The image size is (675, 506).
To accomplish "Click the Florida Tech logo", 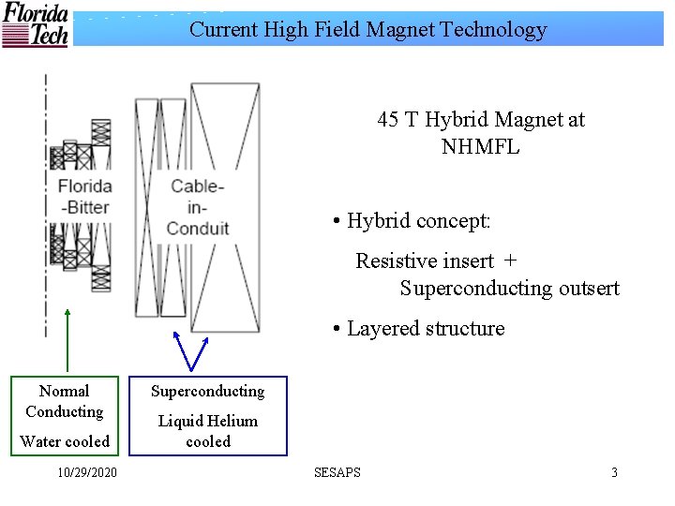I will [x=35, y=25].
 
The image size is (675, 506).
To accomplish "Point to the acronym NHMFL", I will [x=480, y=147].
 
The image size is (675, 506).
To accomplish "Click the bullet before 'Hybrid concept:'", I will [x=336, y=222].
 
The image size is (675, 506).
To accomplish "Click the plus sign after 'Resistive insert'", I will [x=510, y=260].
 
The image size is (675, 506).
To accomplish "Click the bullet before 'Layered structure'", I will [x=336, y=330].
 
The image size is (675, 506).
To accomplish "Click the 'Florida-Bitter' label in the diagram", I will [x=84, y=197].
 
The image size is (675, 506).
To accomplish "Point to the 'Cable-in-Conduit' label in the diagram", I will [x=198, y=207].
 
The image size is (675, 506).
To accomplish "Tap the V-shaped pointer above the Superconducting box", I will [x=192, y=350].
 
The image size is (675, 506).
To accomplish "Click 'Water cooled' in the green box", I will [x=65, y=441].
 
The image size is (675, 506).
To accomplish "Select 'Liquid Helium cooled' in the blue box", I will [x=208, y=431].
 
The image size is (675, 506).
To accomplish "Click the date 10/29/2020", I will [x=87, y=472].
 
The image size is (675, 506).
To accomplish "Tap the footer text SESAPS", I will [x=337, y=472].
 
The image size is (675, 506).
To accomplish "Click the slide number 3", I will [x=614, y=472].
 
